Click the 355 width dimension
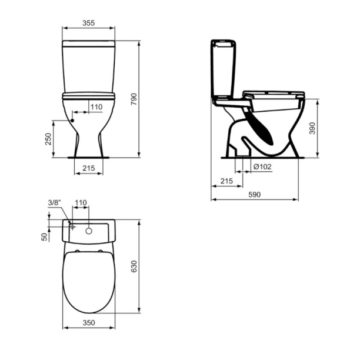[x=88, y=24]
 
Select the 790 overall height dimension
[x=134, y=99]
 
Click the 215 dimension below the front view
[x=88, y=168]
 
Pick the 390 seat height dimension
[x=312, y=128]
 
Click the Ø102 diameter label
[x=262, y=166]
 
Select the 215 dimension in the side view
[x=226, y=181]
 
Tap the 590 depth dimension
[x=254, y=195]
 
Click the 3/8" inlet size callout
[x=54, y=203]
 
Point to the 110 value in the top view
[x=81, y=203]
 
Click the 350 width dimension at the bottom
[x=88, y=323]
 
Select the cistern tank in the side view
[x=224, y=68]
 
